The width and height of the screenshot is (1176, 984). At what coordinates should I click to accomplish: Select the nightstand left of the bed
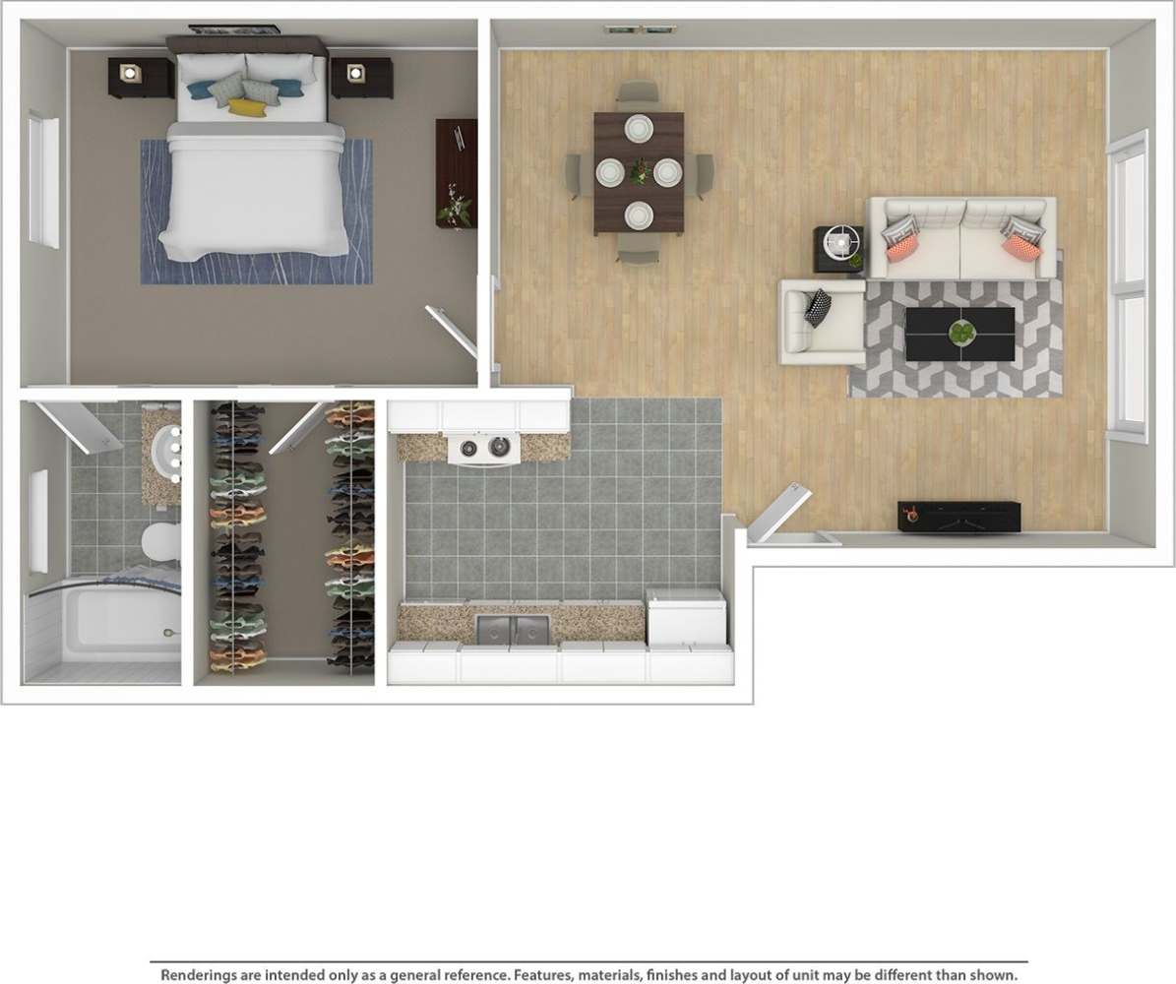[x=133, y=77]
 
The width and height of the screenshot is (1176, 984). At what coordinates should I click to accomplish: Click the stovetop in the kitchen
[x=483, y=448]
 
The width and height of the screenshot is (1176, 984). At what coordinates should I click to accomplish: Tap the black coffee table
[x=959, y=335]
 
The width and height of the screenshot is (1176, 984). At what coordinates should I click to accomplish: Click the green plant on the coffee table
[x=959, y=334]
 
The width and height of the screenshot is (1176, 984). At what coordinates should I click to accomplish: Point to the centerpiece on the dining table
[x=640, y=172]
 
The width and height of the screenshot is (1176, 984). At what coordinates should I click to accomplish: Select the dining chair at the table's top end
[x=638, y=92]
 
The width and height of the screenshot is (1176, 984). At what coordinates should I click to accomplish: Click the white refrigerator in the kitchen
[x=686, y=617]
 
